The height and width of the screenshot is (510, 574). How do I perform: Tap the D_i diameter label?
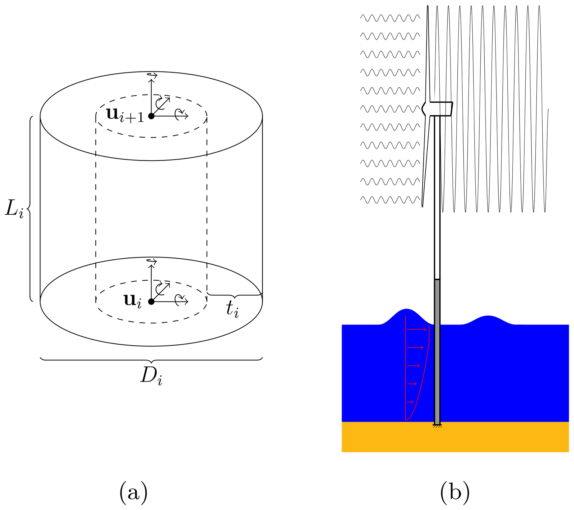151,376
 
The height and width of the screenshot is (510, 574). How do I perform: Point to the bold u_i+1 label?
125,115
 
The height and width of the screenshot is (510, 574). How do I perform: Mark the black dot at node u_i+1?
151,116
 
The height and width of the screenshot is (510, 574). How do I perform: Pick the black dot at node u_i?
151,302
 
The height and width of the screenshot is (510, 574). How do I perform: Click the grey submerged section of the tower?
437,351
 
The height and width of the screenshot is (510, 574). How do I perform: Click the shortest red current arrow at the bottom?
410,402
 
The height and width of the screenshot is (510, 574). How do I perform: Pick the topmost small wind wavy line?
390,18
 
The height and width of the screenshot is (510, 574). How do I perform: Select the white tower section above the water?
437,197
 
